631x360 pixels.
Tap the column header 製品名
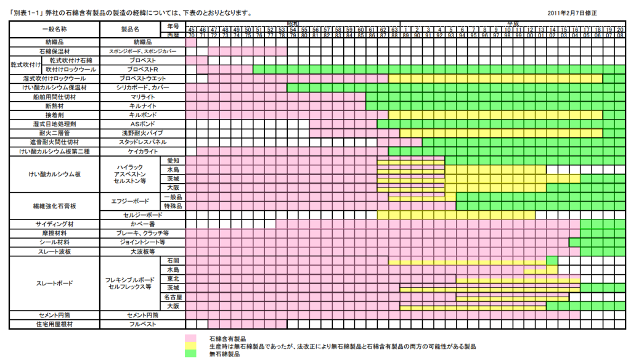click(142, 29)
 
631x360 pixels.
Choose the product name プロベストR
click(142, 70)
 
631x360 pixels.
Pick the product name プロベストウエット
click(142, 79)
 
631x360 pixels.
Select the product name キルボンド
click(142, 115)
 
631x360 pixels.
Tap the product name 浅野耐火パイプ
click(142, 133)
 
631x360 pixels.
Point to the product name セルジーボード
click(142, 215)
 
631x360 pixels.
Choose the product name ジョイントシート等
click(142, 242)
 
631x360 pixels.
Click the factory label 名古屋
click(174, 297)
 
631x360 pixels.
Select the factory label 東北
click(174, 279)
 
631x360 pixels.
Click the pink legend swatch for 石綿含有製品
click(191, 338)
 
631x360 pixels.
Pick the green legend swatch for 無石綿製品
click(191, 354)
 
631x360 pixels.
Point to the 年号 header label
click(173, 26)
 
